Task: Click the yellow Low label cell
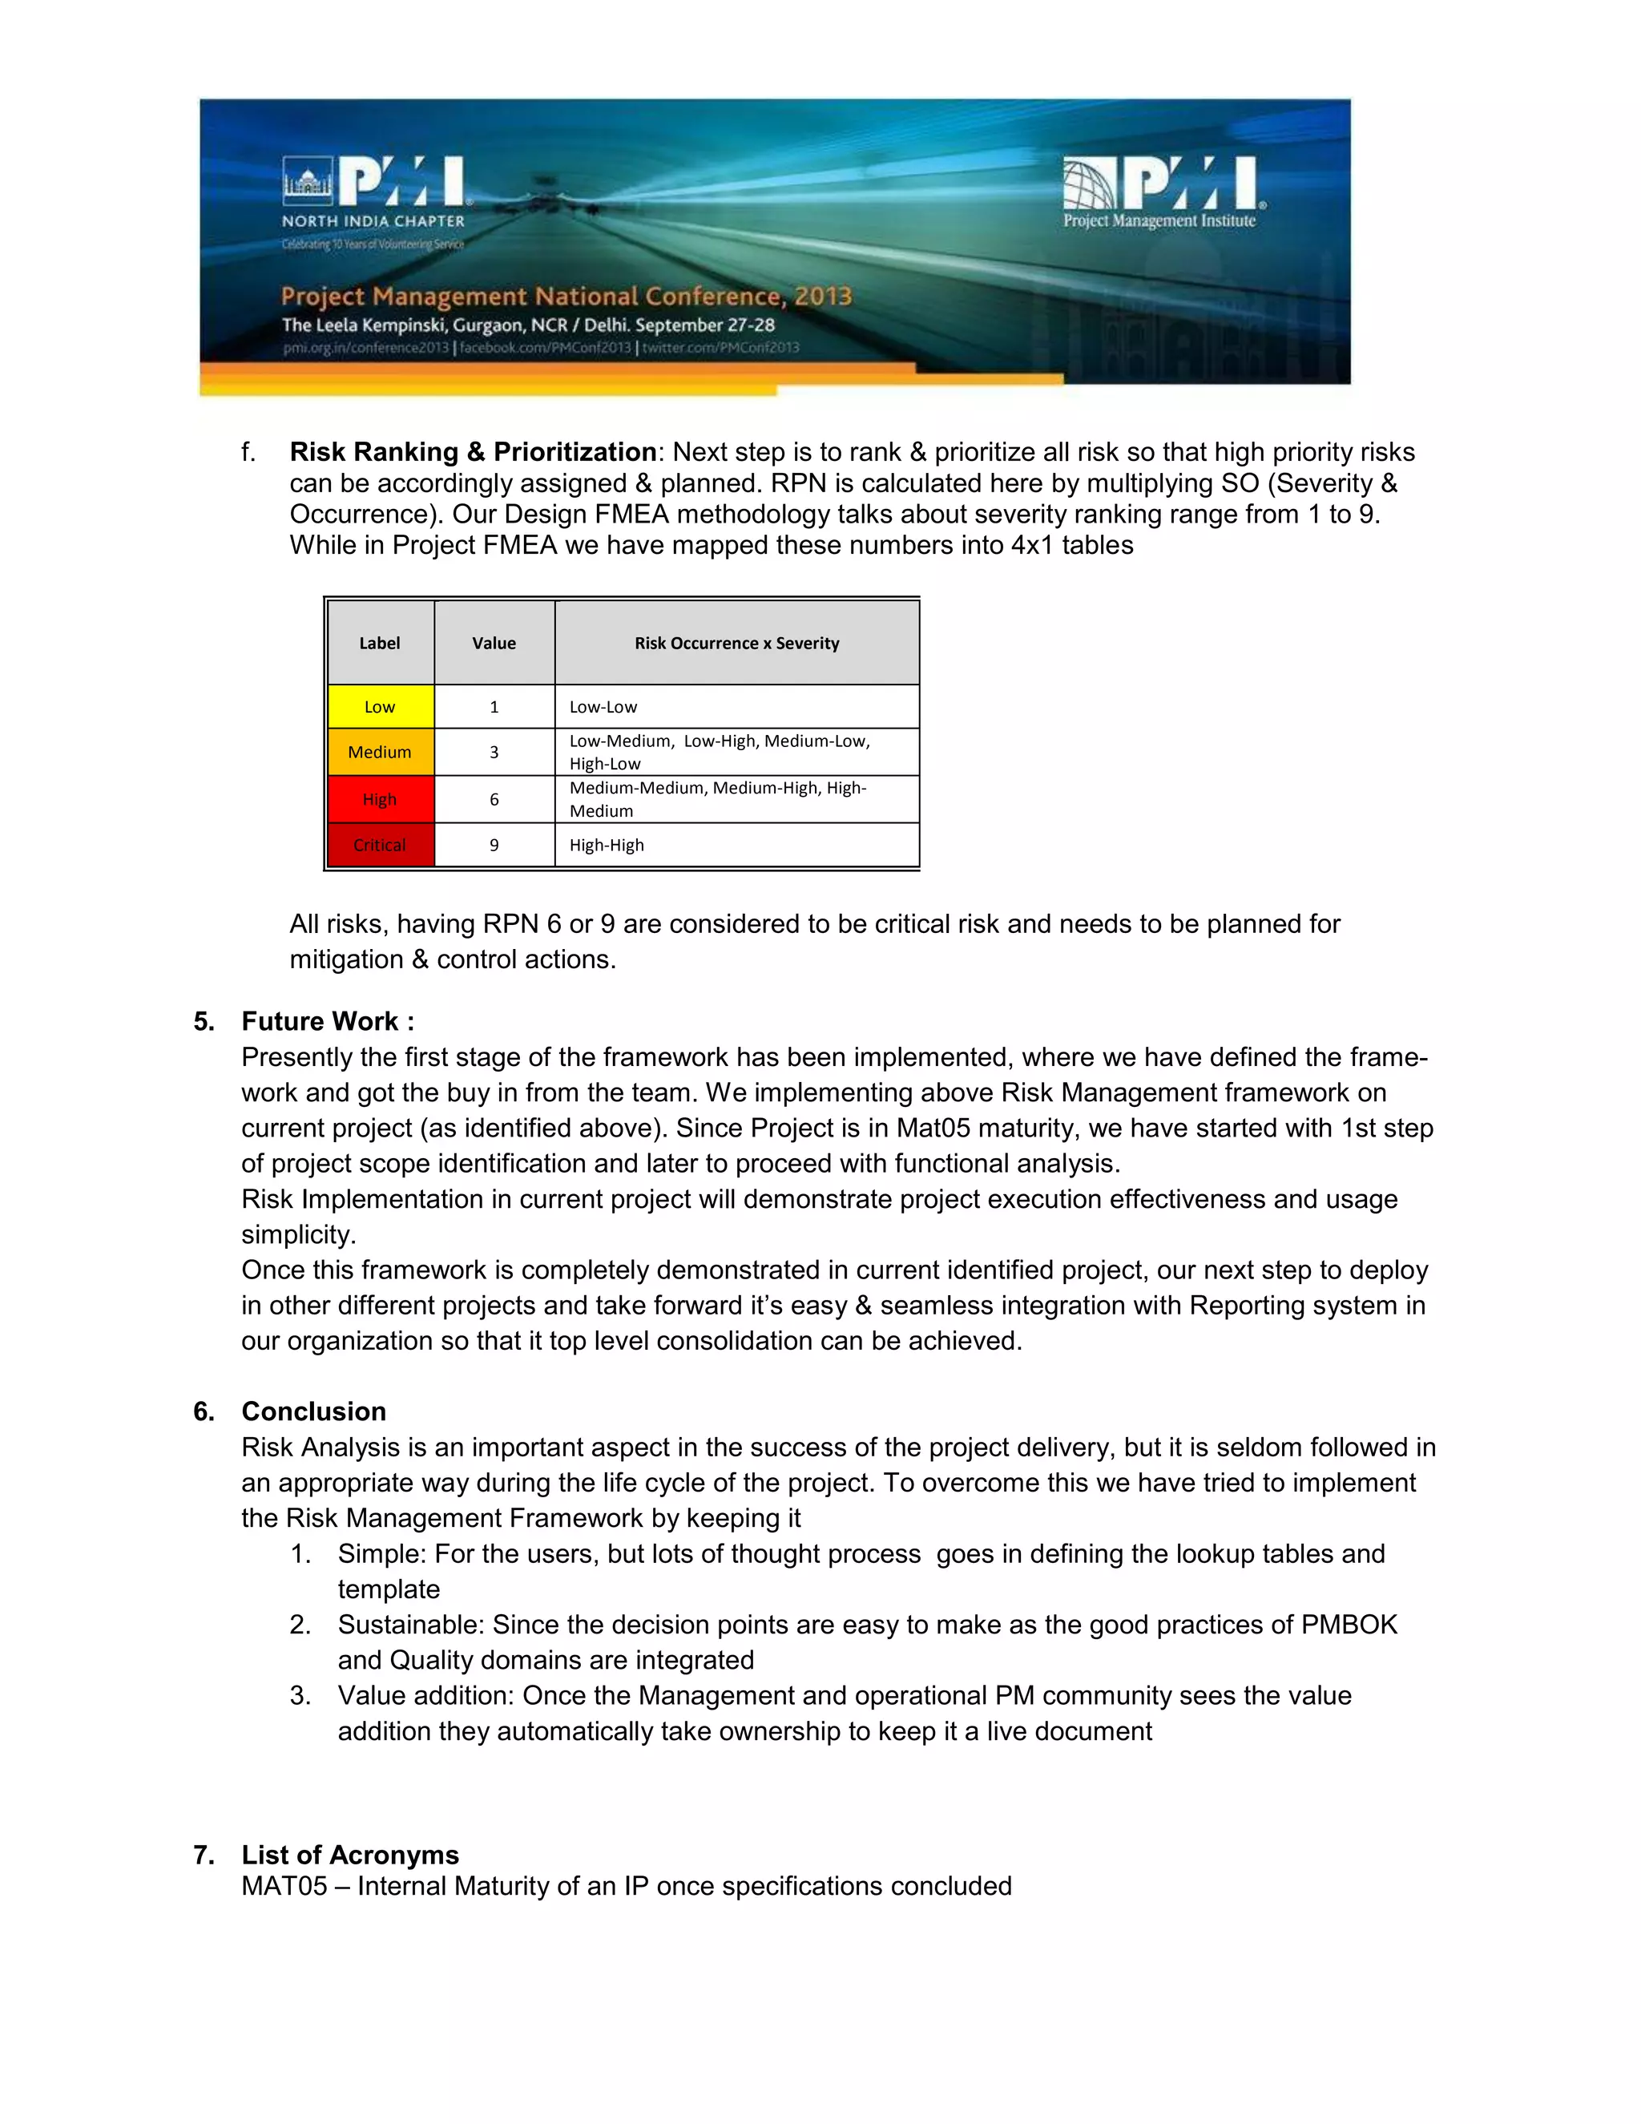click(380, 707)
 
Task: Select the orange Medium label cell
click(380, 752)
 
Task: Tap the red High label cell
click(380, 799)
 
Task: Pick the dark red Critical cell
click(380, 845)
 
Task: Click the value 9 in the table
click(494, 845)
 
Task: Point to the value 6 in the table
click(494, 799)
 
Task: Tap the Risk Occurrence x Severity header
click(737, 643)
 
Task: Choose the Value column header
click(494, 643)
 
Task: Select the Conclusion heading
click(313, 1411)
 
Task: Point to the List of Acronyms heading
click(350, 1855)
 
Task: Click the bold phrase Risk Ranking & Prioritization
click(474, 452)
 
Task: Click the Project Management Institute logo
click(1162, 192)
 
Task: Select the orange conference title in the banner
click(566, 296)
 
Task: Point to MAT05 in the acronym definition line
click(284, 1886)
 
